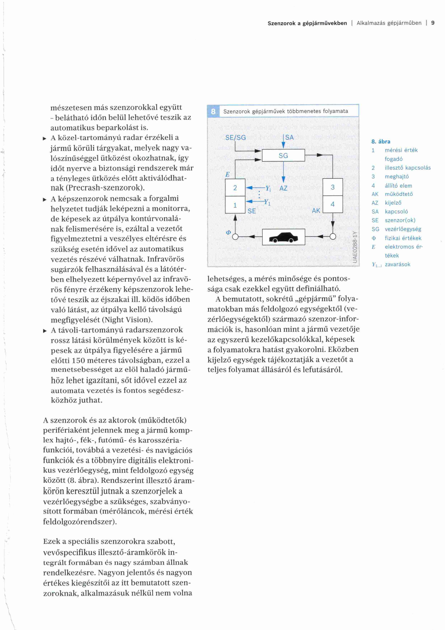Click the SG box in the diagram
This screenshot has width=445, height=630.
(283, 156)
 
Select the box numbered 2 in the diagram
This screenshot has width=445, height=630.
(235, 188)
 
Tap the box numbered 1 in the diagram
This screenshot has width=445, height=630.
(235, 205)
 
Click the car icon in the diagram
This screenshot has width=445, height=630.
(283, 237)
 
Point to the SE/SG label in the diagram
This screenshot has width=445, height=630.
(235, 137)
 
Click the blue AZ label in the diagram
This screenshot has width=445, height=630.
(283, 188)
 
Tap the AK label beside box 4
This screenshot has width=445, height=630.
(316, 211)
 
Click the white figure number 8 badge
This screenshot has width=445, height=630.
(213, 111)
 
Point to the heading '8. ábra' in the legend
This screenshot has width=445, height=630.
(381, 142)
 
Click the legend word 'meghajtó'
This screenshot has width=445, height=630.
(397, 176)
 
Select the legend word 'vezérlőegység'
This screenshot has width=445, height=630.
(403, 229)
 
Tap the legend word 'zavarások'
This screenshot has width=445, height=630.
(397, 264)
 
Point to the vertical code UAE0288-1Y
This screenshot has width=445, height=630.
(355, 247)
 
